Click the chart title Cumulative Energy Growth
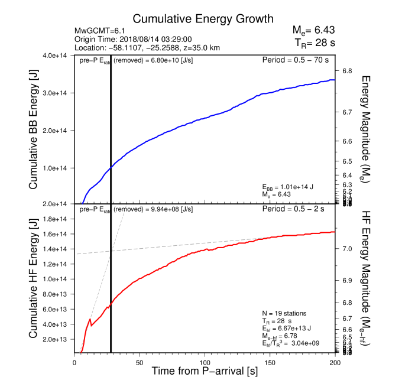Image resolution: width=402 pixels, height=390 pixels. (x=194, y=19)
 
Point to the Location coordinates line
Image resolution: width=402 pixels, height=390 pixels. (x=147, y=47)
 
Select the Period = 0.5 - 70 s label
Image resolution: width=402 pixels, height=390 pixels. (x=295, y=60)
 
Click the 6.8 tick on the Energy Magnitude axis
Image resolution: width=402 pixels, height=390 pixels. (x=347, y=71)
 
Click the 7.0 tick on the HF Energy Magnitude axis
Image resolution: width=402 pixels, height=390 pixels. (x=347, y=249)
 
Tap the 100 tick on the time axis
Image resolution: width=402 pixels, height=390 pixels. (x=205, y=362)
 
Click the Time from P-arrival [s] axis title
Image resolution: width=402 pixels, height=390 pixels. (x=205, y=372)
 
